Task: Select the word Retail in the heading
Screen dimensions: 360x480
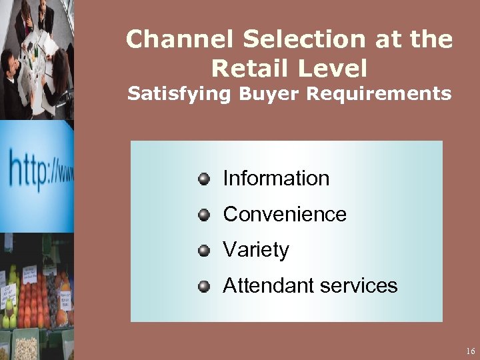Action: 251,67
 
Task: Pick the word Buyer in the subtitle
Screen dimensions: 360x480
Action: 261,94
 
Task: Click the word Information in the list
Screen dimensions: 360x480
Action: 276,178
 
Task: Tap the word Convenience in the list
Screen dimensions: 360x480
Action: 285,214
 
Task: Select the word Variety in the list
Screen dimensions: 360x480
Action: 256,250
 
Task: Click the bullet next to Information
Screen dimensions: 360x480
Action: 204,178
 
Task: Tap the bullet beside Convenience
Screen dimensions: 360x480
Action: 204,214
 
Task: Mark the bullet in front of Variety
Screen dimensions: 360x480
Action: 204,250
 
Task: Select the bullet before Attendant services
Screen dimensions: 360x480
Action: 204,286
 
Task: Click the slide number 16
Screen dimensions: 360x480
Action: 470,351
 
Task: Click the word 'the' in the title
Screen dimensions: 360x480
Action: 432,39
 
